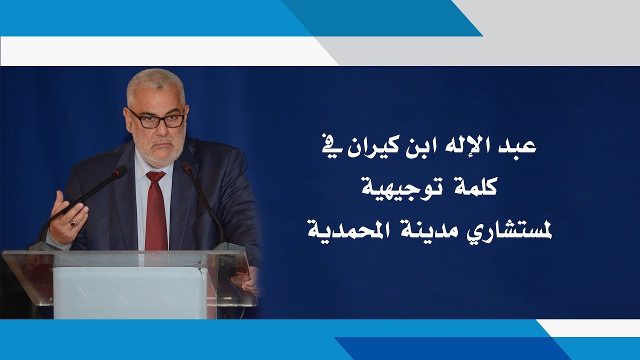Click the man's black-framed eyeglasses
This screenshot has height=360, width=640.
(x=157, y=119)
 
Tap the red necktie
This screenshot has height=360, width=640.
(x=156, y=211)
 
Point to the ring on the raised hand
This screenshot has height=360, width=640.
(x=73, y=223)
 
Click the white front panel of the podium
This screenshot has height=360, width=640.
(x=130, y=292)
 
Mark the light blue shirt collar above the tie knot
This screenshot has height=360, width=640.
(x=154, y=167)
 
